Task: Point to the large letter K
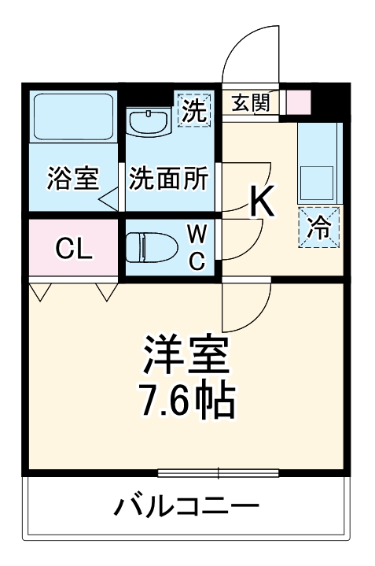[x=262, y=202]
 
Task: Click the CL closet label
[x=74, y=250]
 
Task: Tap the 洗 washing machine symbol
[x=193, y=109]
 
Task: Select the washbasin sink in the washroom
[x=148, y=122]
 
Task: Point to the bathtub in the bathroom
[x=74, y=118]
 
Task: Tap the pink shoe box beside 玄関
[x=299, y=102]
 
